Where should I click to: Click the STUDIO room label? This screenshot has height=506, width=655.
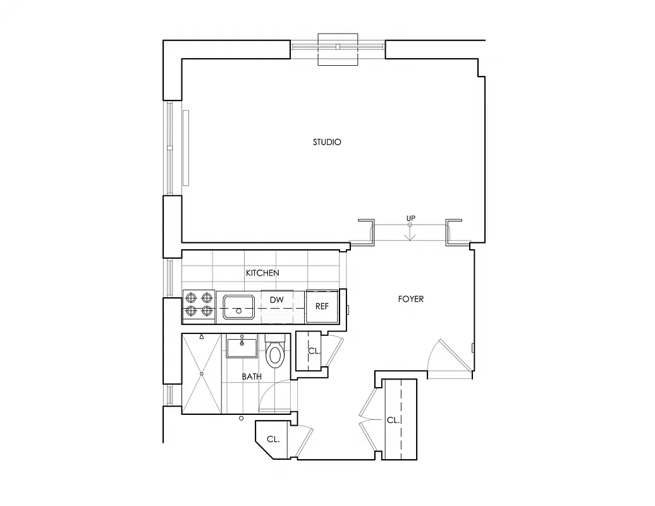click(x=327, y=142)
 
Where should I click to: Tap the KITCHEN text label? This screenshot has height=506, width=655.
click(x=262, y=273)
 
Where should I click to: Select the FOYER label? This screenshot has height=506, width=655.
click(x=410, y=299)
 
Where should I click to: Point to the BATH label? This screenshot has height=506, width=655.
click(x=252, y=377)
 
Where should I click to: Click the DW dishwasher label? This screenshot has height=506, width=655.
click(x=276, y=299)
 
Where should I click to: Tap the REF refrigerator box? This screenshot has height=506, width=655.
click(x=322, y=307)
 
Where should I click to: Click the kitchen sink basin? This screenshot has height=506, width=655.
click(x=238, y=307)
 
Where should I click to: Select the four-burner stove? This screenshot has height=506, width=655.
click(x=198, y=304)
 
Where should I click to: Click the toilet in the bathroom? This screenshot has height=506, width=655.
click(x=275, y=353)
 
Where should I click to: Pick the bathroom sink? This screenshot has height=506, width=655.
click(x=242, y=348)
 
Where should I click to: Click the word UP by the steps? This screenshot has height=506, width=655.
click(x=410, y=219)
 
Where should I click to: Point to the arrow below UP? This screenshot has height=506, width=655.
click(x=410, y=234)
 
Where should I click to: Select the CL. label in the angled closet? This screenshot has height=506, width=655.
click(x=273, y=439)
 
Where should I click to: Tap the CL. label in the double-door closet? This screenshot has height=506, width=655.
click(x=393, y=420)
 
